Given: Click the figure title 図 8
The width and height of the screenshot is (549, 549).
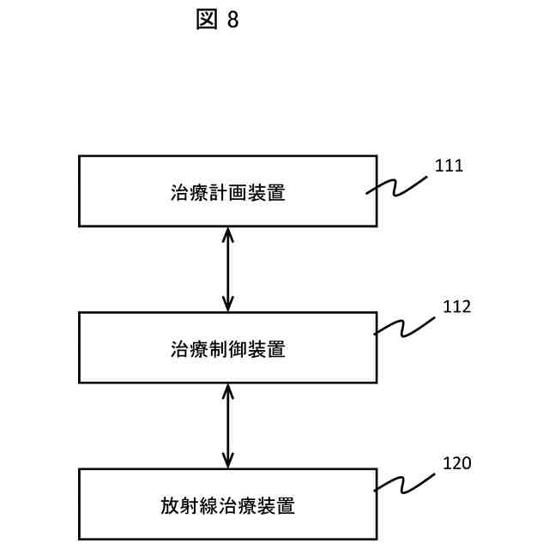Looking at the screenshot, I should point(217,21).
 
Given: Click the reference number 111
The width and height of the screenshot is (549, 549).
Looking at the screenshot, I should point(449,166).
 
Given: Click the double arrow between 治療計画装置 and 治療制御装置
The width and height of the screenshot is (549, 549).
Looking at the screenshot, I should point(227,268).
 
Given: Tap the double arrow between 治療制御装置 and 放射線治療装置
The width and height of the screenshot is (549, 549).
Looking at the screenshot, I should point(227,425).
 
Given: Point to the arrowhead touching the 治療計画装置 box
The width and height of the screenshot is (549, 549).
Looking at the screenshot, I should point(227,233).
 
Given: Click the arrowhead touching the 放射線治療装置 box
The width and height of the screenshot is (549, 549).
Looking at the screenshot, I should point(227,462).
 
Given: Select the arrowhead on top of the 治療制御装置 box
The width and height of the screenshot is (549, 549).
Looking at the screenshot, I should point(227,305).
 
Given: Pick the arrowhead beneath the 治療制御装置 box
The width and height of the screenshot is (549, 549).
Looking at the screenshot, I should point(227,390).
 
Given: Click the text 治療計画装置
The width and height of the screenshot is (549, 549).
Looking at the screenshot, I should point(227,192).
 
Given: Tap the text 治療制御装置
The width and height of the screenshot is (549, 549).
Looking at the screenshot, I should point(227,349).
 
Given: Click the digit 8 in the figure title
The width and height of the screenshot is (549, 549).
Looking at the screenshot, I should point(232,21).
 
